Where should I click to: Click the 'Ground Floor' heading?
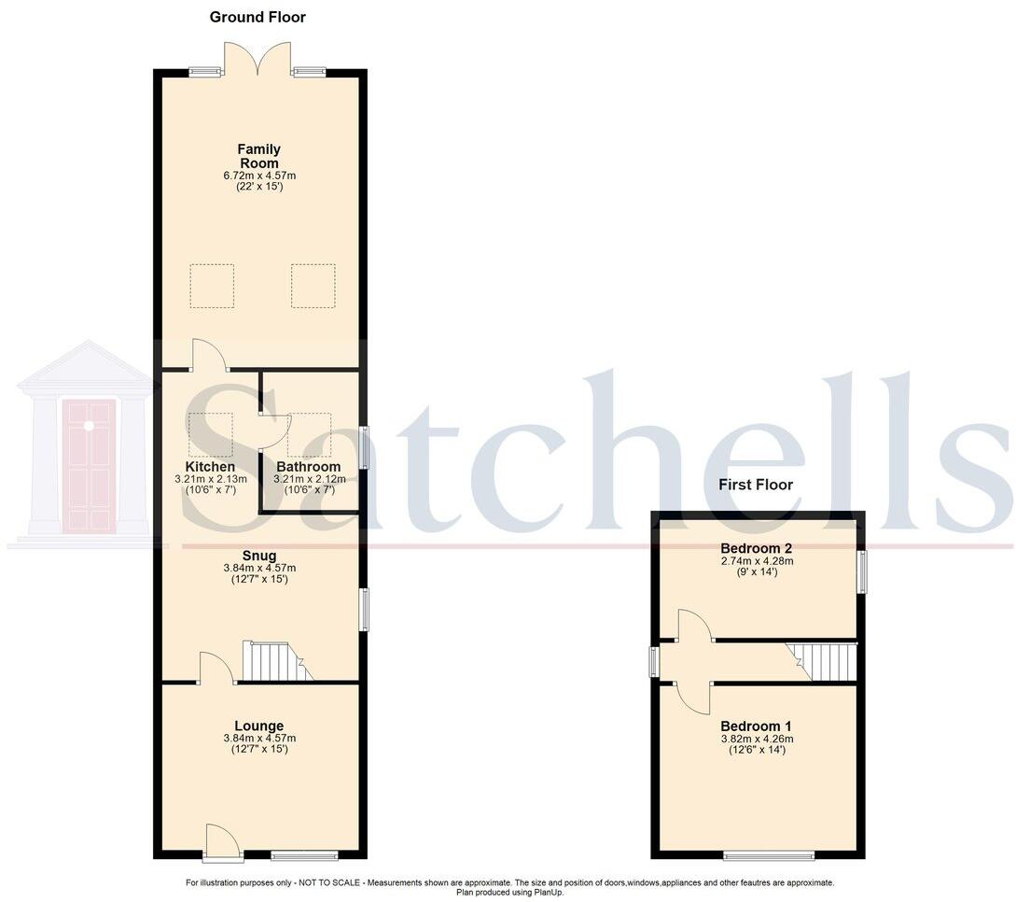tap(257, 17)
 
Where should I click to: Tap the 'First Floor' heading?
tap(756, 485)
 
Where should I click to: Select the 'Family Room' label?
tap(258, 156)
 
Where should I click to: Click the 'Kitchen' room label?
tap(210, 467)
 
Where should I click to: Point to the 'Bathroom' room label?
tap(308, 467)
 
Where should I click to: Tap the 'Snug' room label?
tap(258, 556)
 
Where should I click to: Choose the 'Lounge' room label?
tap(258, 726)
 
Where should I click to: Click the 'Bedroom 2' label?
tap(757, 548)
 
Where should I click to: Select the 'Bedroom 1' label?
tap(757, 726)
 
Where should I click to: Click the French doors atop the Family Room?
tap(258, 61)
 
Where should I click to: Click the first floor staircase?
tap(822, 662)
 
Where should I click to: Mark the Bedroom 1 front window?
tap(769, 854)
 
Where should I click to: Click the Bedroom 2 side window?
tap(862, 571)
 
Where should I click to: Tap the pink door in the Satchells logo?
tap(89, 465)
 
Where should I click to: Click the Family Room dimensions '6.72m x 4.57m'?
tap(258, 176)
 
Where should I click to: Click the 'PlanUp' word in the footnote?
tap(548, 892)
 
